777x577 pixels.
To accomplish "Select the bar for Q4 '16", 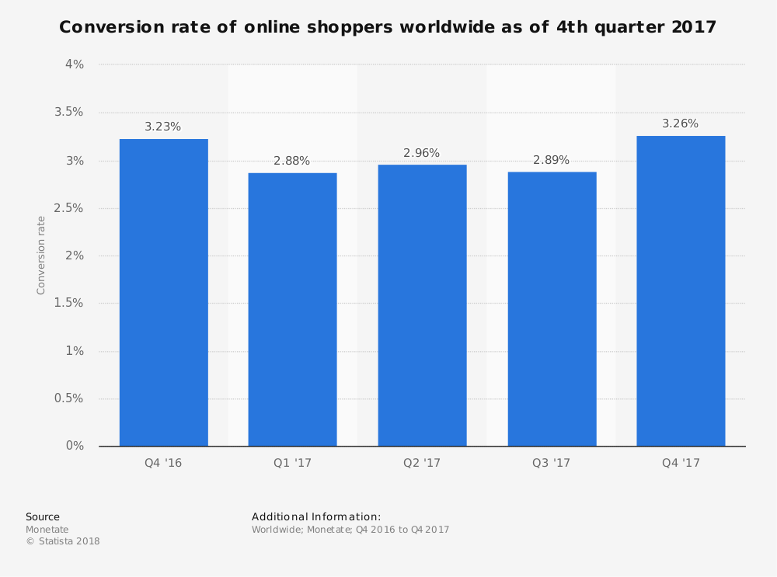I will click(x=163, y=293).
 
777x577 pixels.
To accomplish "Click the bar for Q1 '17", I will click(x=292, y=309).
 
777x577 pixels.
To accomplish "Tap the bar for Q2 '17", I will click(x=422, y=305).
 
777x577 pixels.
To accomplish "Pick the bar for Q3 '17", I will click(x=552, y=308).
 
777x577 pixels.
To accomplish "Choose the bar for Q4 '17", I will click(x=681, y=291).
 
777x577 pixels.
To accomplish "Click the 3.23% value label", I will click(x=163, y=127).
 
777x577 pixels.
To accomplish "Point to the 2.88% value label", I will click(x=292, y=161).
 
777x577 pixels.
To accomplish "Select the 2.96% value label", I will click(x=422, y=153).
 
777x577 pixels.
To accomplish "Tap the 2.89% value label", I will click(x=552, y=160).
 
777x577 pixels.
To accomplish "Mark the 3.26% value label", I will click(x=681, y=123).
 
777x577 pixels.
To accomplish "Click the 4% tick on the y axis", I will click(x=75, y=64).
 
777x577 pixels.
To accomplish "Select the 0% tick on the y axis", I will click(x=75, y=446).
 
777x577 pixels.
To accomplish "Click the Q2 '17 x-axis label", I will click(x=422, y=463).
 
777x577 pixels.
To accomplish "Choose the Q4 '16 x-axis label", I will click(x=163, y=463).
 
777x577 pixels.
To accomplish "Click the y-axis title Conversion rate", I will click(x=41, y=255).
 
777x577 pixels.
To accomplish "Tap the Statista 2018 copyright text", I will click(x=63, y=541).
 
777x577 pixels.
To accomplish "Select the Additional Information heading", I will click(x=316, y=516).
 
